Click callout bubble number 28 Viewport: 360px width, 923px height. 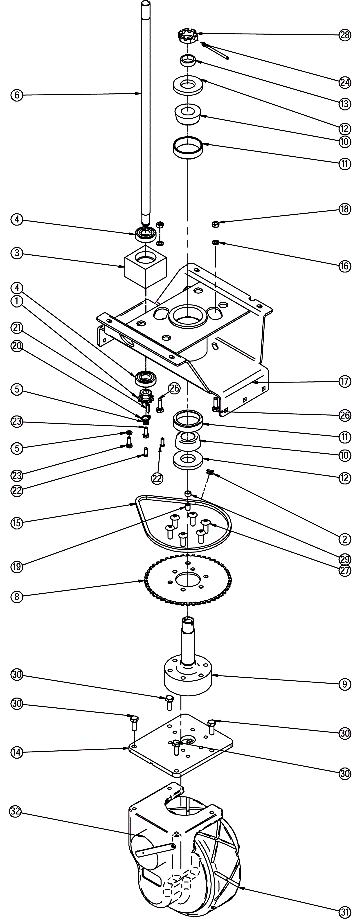pyautogui.click(x=345, y=35)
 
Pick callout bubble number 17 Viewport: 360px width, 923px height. pyautogui.click(x=345, y=382)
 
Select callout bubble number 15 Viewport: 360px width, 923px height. pyautogui.click(x=16, y=523)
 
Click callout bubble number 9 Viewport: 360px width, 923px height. pyautogui.click(x=345, y=684)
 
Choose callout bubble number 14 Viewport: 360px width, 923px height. pyautogui.click(x=16, y=753)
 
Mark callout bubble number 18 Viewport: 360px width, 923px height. pyautogui.click(x=345, y=210)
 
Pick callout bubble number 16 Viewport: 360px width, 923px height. pyautogui.click(x=345, y=266)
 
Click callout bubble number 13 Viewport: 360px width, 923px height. pyautogui.click(x=345, y=104)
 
